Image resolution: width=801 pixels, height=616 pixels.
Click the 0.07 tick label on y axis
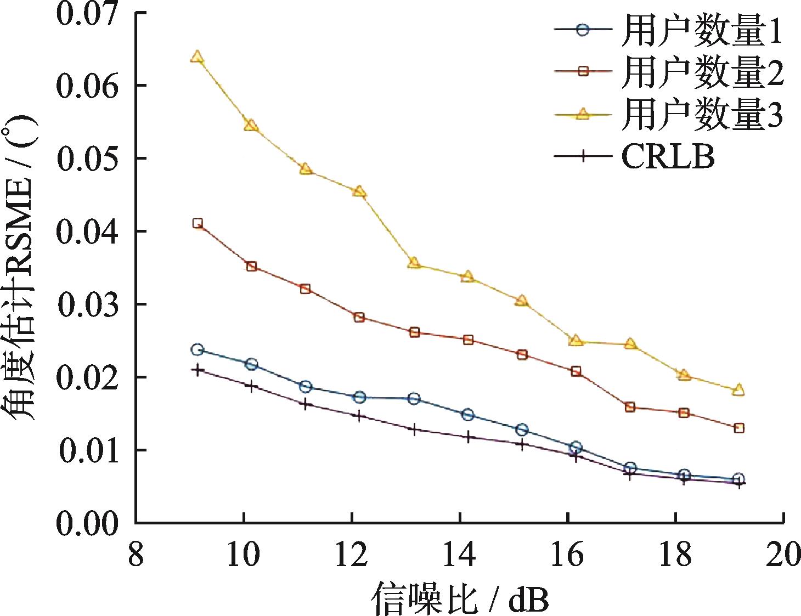click(87, 14)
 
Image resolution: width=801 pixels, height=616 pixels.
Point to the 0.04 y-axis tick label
click(87, 232)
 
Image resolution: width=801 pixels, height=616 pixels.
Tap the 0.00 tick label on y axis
click(87, 523)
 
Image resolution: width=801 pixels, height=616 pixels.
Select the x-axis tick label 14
click(460, 556)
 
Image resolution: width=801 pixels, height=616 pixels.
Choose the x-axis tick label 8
click(136, 556)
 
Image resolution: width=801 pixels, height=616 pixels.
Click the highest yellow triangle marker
click(198, 57)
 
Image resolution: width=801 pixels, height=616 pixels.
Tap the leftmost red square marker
click(198, 223)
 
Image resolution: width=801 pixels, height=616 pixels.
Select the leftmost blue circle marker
click(198, 349)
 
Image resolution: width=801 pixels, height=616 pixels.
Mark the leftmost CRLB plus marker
click(198, 370)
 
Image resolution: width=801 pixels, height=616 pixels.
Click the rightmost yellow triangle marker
click(738, 390)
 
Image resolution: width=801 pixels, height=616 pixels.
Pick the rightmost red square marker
click(738, 428)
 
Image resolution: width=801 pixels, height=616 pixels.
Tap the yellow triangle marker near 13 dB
click(414, 264)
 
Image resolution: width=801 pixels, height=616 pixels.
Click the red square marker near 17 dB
click(630, 407)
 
